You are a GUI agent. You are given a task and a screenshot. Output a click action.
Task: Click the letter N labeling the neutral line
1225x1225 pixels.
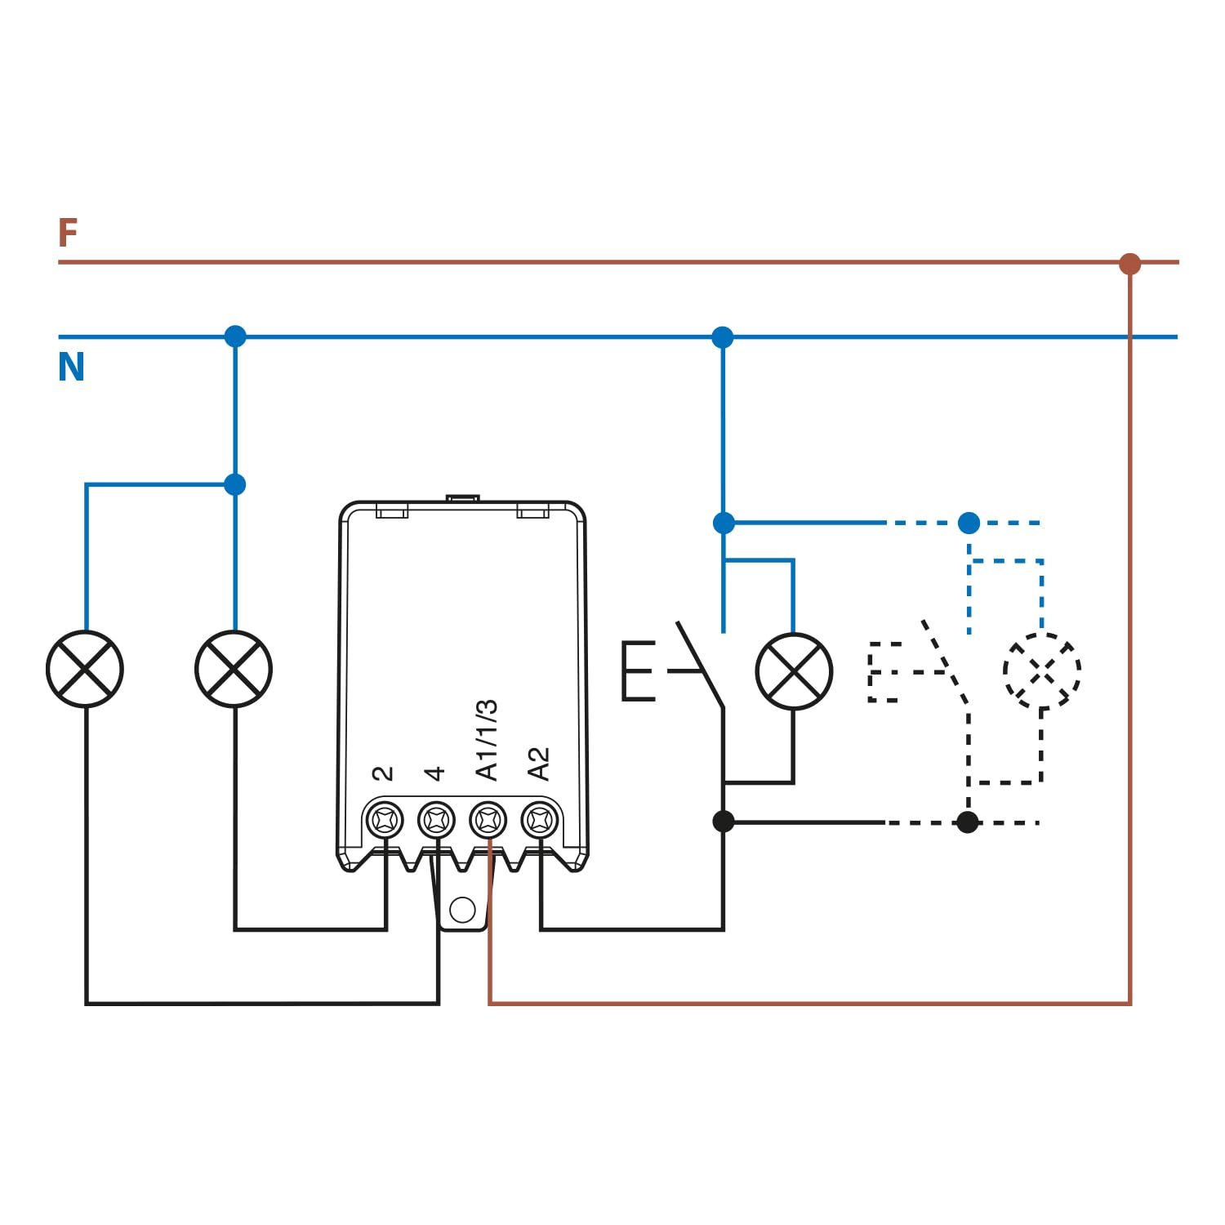(71, 367)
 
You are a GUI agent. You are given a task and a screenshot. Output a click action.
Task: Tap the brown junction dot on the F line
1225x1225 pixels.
(1129, 263)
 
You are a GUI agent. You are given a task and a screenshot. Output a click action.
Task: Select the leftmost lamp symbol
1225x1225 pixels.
(85, 669)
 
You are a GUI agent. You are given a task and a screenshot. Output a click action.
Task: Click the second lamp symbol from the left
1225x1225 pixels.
(234, 669)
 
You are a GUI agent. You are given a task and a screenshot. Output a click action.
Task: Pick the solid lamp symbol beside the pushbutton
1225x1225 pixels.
(794, 671)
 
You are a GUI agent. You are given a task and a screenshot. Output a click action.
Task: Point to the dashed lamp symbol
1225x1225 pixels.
(1041, 671)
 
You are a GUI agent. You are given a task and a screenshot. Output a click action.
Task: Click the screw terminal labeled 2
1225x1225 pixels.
(385, 819)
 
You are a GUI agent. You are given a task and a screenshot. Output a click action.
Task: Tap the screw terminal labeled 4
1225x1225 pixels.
(436, 819)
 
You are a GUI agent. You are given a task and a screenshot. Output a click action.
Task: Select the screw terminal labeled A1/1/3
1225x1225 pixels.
(488, 819)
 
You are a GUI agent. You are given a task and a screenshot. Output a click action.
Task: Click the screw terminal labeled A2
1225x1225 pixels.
(540, 819)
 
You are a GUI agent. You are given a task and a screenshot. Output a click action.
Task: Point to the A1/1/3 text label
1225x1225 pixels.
(487, 740)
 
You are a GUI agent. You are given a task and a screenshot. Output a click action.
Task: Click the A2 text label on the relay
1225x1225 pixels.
(539, 764)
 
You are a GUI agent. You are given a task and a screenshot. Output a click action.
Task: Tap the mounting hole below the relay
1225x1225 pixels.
(462, 909)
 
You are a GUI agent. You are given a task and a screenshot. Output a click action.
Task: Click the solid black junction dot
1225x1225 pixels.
(723, 821)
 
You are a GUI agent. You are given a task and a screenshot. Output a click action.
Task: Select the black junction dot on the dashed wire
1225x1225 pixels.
(968, 822)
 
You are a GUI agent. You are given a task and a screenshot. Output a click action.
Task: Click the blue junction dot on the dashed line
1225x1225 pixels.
(969, 523)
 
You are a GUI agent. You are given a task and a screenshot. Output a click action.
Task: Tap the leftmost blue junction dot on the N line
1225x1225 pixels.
(235, 336)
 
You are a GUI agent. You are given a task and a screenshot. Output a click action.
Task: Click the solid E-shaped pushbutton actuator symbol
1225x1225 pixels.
(639, 671)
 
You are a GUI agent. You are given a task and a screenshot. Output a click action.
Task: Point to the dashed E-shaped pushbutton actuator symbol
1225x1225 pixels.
(884, 672)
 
